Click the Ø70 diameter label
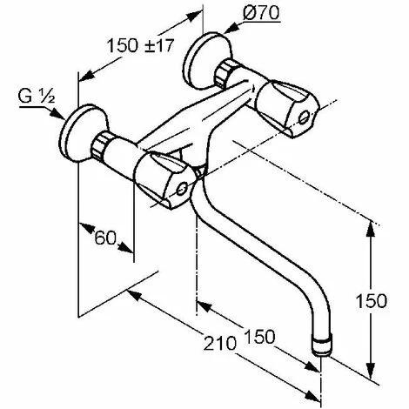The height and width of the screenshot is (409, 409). (x=261, y=13)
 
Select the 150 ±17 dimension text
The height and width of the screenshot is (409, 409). (x=140, y=45)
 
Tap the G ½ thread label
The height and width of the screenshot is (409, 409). (x=37, y=97)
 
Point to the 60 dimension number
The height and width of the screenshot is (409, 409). (x=105, y=238)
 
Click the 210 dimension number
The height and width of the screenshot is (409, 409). (x=219, y=344)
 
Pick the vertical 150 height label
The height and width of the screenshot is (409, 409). (x=371, y=301)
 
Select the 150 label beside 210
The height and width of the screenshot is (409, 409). (x=259, y=337)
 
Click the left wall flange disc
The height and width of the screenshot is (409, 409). (x=83, y=133)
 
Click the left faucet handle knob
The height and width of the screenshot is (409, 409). (x=164, y=180)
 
